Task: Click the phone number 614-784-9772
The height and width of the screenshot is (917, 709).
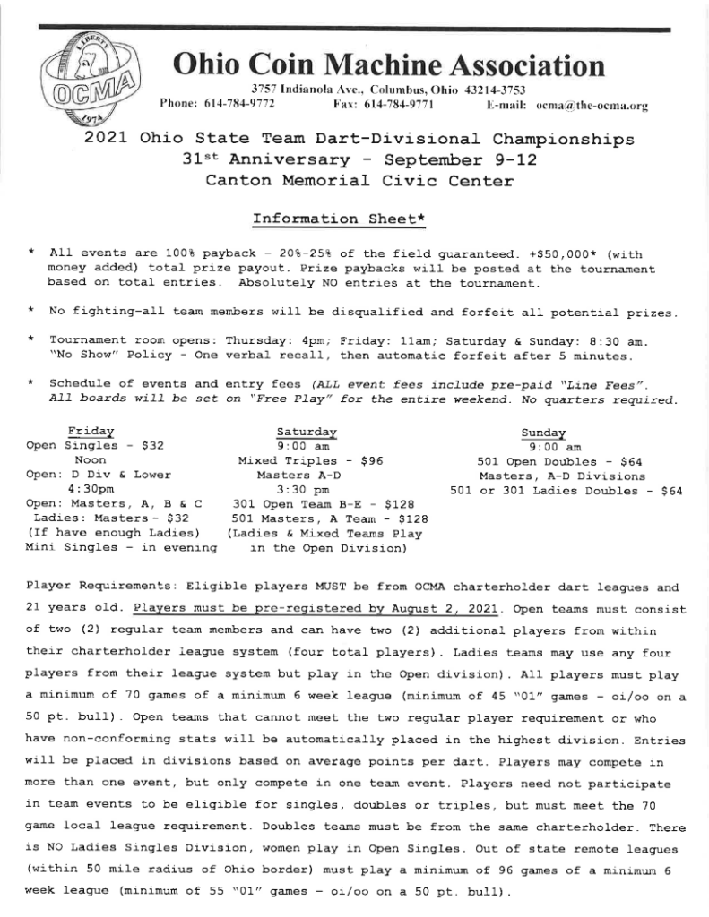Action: click(241, 105)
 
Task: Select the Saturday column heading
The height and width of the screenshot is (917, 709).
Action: click(307, 431)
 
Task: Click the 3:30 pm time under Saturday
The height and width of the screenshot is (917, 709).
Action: click(307, 490)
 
